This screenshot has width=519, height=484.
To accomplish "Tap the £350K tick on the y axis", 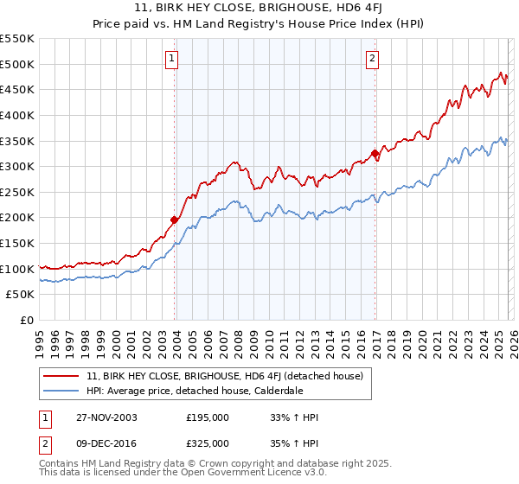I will [17, 141].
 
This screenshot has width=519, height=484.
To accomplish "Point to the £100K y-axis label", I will [17, 269].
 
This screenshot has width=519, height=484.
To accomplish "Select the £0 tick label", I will [28, 321].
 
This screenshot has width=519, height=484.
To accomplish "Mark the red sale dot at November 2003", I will [175, 220].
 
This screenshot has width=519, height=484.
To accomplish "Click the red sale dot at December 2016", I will [375, 154].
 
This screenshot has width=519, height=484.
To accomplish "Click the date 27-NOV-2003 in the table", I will [105, 417].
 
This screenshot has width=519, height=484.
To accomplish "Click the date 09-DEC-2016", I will [105, 443].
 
